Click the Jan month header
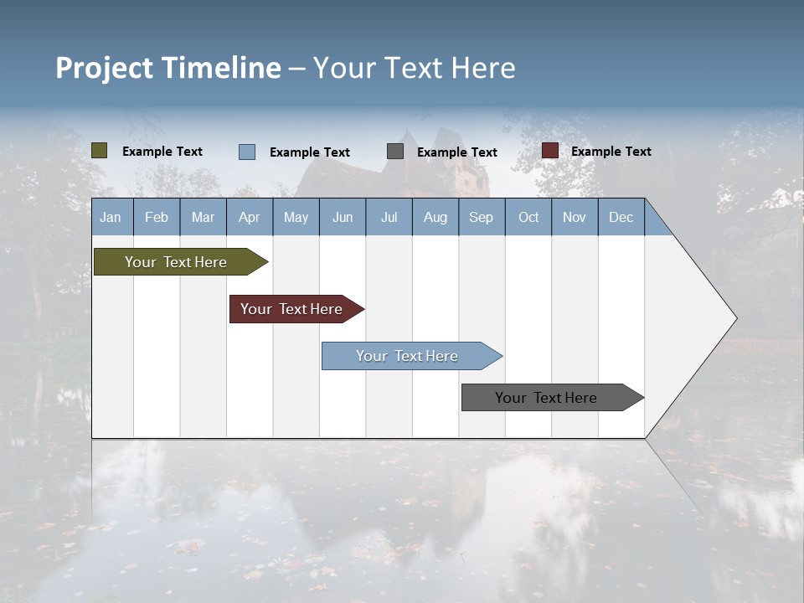(x=111, y=217)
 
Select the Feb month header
(x=157, y=217)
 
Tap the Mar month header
(x=203, y=217)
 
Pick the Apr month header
(x=249, y=217)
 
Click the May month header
(x=296, y=217)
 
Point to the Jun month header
(x=343, y=217)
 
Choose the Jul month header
(x=389, y=217)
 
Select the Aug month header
(x=435, y=217)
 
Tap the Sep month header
(x=481, y=217)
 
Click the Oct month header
(x=528, y=217)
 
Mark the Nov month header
(x=574, y=217)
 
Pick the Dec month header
(x=621, y=217)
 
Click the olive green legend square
(x=100, y=151)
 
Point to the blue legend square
(x=247, y=152)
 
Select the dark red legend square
(x=550, y=151)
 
